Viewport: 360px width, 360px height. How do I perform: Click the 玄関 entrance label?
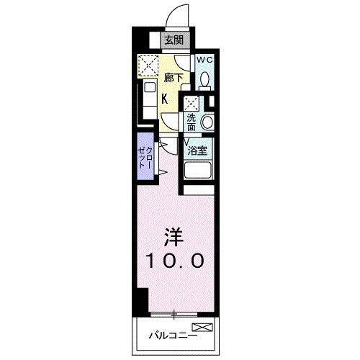[172, 40]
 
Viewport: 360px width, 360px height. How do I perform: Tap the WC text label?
[204, 60]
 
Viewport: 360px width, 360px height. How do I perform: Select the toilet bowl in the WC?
[204, 79]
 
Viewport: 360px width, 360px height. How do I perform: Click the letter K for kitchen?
[166, 99]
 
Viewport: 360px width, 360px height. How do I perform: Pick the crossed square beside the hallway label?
[148, 66]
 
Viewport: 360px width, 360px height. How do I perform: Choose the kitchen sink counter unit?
[148, 100]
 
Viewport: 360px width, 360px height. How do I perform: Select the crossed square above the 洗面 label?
[191, 102]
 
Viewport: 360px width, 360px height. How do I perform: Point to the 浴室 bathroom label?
[197, 152]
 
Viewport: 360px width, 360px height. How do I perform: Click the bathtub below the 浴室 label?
[198, 171]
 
